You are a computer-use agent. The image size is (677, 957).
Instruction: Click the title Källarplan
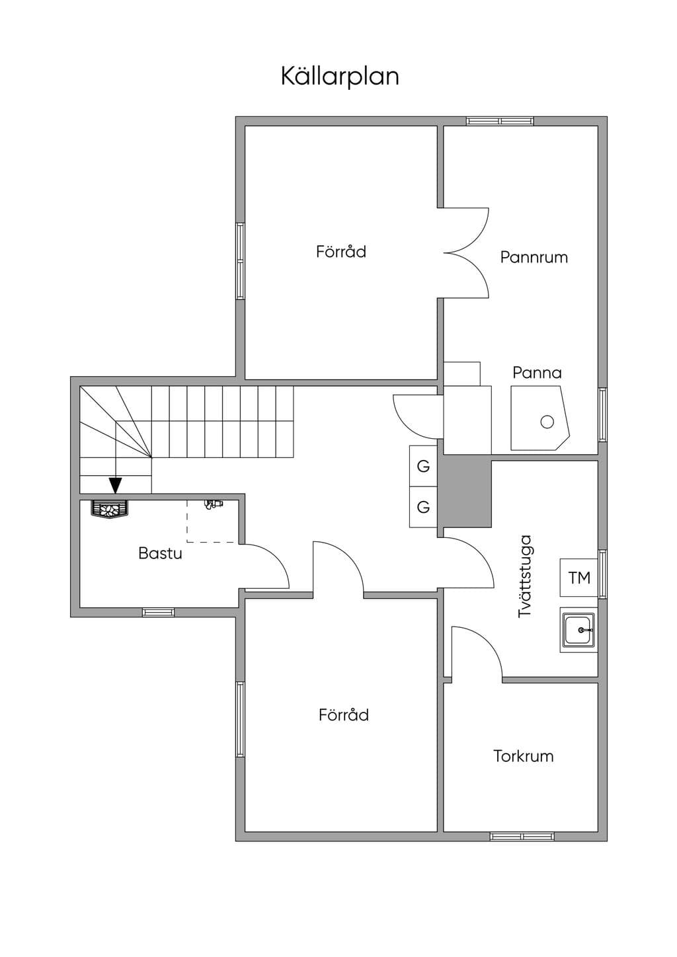(x=340, y=77)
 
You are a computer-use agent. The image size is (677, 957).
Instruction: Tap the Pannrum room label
(x=534, y=257)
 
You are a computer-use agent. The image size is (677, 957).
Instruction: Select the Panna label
(x=537, y=373)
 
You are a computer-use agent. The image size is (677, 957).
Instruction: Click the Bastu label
(x=160, y=553)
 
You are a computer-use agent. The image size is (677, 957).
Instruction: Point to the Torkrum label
(x=524, y=756)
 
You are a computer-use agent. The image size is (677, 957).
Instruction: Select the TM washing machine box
(x=578, y=578)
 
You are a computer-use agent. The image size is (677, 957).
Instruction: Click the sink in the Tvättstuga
(x=578, y=630)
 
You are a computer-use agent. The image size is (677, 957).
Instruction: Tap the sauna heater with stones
(x=110, y=510)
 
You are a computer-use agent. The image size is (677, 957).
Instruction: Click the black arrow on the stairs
(x=116, y=485)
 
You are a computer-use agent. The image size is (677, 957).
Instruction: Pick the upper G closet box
(x=423, y=466)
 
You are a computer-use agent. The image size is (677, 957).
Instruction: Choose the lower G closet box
(x=423, y=507)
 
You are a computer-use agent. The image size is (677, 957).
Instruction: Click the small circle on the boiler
(x=547, y=422)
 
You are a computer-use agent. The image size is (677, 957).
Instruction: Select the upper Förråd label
(x=341, y=251)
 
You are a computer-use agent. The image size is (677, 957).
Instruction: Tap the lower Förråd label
(x=344, y=714)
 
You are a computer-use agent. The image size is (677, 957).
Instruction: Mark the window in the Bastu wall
(x=158, y=612)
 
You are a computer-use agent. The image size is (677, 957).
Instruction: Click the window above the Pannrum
(x=500, y=121)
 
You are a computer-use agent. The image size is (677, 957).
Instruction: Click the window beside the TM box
(x=603, y=574)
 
